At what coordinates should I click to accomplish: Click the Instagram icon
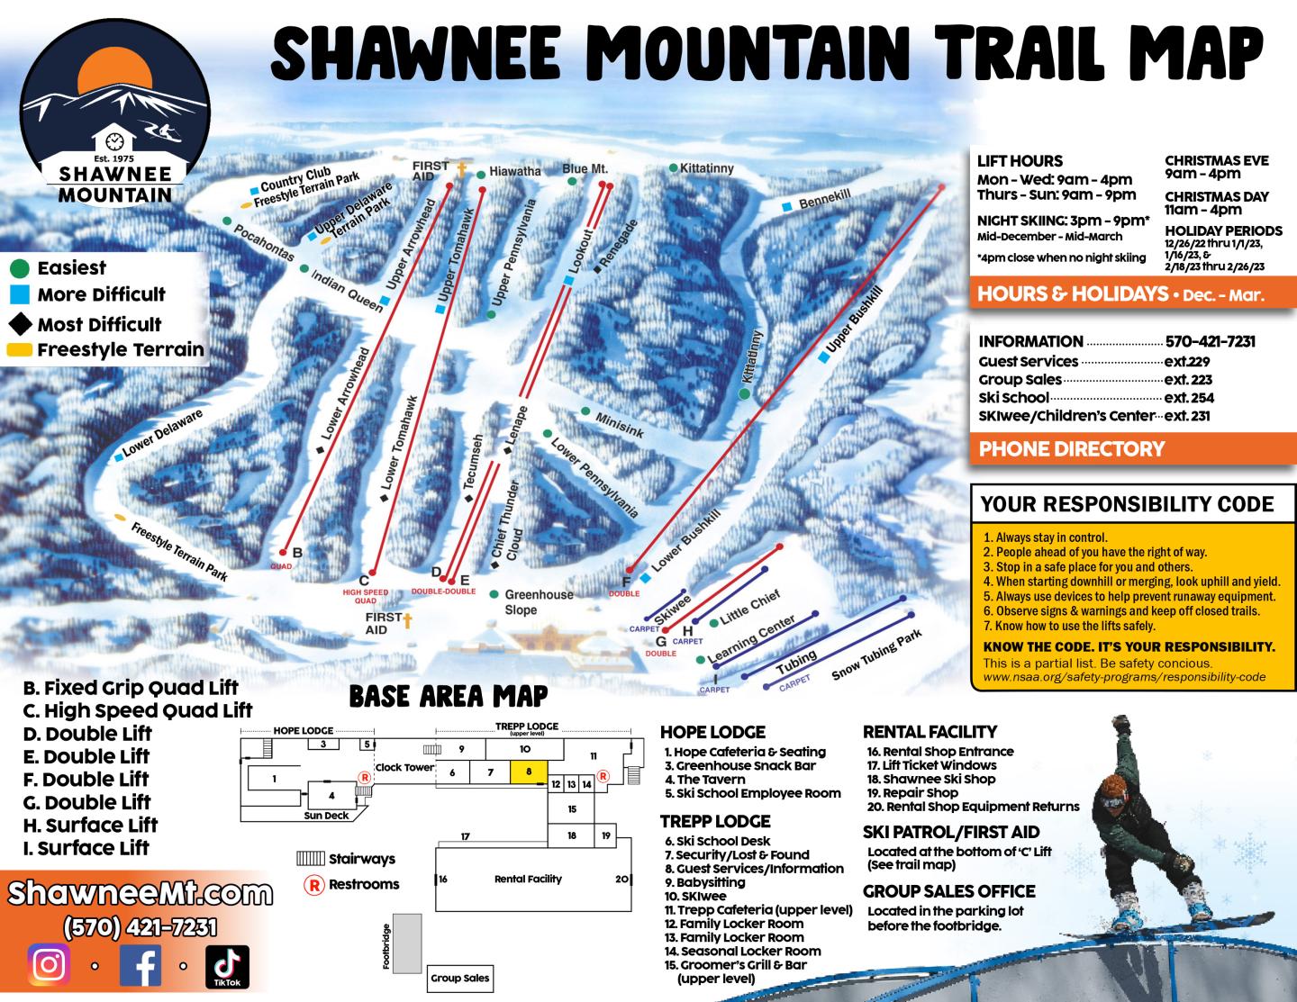(50, 965)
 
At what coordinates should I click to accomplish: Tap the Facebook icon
(140, 965)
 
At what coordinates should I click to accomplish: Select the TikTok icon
(227, 965)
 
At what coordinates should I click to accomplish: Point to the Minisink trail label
(620, 425)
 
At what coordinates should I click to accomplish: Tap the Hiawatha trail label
(515, 171)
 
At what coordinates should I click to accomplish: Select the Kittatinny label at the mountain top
(707, 168)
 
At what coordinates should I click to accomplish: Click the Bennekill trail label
(824, 199)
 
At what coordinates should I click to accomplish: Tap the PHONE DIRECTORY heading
(1072, 448)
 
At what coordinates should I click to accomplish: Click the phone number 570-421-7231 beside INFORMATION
(1210, 341)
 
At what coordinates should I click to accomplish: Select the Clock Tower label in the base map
(404, 767)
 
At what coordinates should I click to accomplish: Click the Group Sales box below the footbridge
(459, 978)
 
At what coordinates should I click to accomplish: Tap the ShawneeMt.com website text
(140, 894)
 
